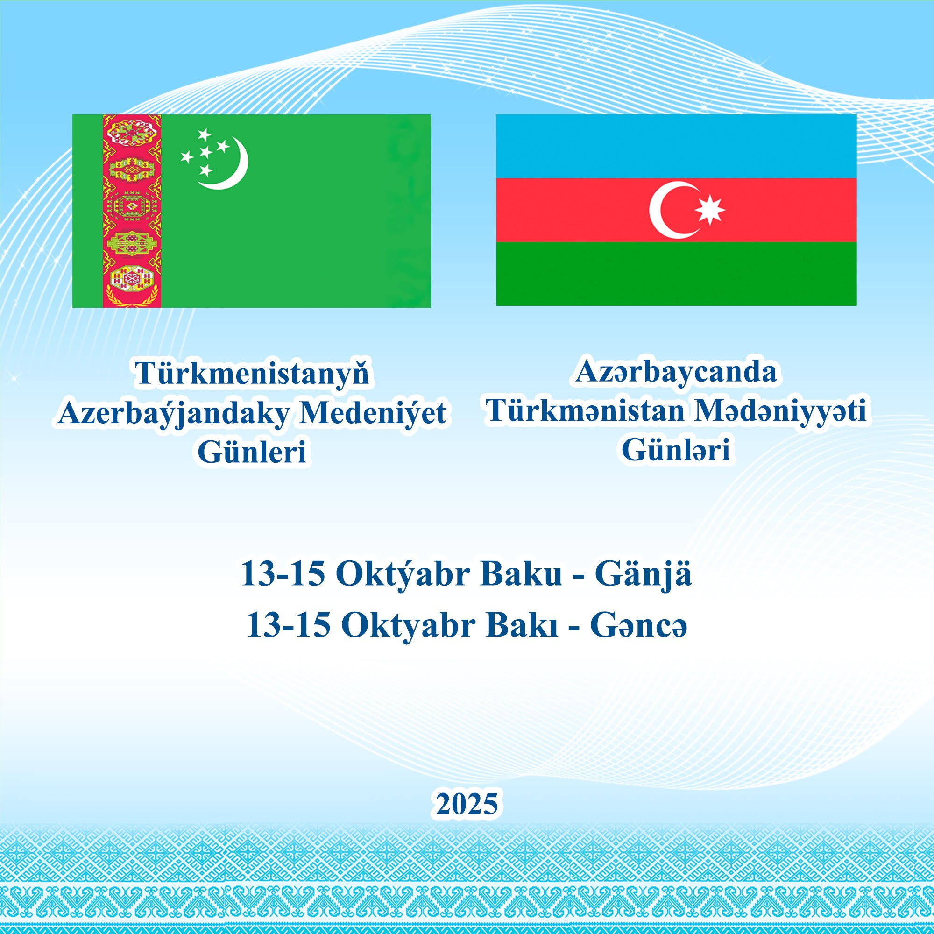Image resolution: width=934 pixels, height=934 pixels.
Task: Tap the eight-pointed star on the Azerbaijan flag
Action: pos(710,210)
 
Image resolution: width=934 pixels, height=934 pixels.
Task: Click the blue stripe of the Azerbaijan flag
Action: pos(676,146)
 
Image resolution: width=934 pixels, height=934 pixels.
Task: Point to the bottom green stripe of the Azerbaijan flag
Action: pos(676,274)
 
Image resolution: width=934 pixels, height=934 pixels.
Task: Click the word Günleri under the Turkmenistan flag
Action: pos(252,453)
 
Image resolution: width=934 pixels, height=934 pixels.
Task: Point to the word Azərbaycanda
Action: pos(676,373)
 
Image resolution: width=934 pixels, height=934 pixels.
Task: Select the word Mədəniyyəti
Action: pos(780,411)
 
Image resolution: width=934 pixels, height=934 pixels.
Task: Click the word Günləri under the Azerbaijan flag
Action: pos(676,450)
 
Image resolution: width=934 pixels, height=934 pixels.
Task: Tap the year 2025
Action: pos(467,805)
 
